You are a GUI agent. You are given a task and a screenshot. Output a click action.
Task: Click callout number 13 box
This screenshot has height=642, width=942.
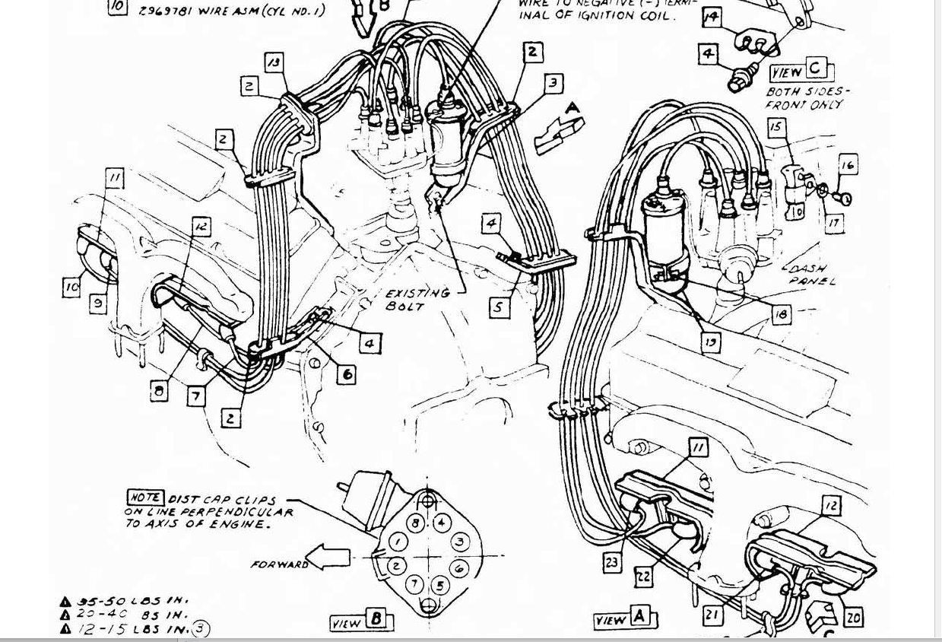274,62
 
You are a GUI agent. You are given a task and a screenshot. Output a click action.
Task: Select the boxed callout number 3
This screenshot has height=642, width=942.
553,82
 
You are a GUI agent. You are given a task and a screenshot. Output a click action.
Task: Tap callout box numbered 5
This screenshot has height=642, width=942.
500,308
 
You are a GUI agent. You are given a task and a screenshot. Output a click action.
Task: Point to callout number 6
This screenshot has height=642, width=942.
347,373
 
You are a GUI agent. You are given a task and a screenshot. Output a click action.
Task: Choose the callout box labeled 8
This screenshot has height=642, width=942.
159,391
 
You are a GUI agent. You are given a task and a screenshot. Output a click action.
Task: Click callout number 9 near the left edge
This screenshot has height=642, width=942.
98,304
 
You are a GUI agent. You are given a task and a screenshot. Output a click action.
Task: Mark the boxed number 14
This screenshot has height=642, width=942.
712,17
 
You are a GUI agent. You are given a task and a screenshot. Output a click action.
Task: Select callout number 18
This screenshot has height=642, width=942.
781,313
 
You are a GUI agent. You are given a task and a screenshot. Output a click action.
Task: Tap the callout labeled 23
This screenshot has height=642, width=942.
613,562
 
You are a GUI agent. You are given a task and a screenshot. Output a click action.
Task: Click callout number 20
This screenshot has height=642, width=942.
853,617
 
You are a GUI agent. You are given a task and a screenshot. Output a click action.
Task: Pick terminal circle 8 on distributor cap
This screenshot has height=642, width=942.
416,523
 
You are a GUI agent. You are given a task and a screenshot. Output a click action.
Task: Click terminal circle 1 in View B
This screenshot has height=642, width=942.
398,542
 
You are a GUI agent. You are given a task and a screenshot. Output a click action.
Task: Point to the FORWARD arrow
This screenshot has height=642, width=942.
328,559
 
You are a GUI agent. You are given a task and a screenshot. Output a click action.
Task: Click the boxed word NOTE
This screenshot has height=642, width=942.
144,497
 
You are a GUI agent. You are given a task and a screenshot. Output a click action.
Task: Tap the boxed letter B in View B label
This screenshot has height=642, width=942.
376,619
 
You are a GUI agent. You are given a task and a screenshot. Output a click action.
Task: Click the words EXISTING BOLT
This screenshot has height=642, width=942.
417,298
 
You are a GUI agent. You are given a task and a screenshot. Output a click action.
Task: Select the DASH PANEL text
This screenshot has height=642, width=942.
809,274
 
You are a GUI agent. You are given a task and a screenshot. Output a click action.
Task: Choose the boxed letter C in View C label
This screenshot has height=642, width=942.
815,68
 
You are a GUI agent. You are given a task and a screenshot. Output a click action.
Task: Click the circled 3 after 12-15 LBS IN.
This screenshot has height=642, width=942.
200,628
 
